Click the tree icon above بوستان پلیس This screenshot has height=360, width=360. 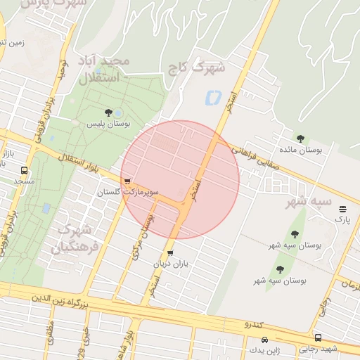[108, 112]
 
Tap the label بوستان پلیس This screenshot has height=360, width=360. [105, 124]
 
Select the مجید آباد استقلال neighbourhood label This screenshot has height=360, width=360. [104, 70]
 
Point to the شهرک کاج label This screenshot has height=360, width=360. [197, 68]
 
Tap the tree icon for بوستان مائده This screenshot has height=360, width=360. [301, 139]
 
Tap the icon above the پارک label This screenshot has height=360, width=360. [343, 209]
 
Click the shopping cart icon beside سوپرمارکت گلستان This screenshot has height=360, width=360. [127, 181]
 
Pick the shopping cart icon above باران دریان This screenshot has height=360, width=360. [170, 253]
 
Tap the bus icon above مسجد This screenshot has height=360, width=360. [25, 170]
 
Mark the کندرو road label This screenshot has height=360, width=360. [253, 325]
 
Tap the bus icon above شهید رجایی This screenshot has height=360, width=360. [319, 337]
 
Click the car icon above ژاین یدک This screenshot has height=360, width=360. [254, 340]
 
